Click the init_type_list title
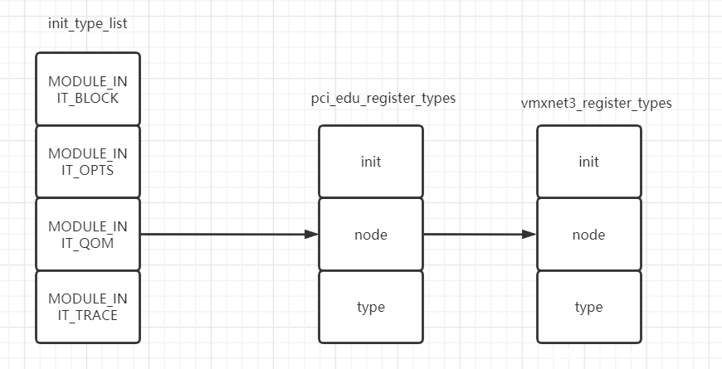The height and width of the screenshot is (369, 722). [x=87, y=23]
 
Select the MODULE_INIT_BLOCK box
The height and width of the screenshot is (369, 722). [x=88, y=89]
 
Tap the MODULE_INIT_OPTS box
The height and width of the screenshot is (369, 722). [x=88, y=162]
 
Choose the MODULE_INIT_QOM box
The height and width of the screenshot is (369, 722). [x=88, y=234]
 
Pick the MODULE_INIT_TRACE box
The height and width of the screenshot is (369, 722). [x=88, y=307]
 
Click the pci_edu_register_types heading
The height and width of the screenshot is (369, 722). [x=383, y=99]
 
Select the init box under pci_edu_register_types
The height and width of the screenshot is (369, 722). [x=370, y=162]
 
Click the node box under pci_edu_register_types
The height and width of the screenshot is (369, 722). [x=370, y=235]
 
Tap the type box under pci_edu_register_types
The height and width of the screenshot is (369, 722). [x=370, y=307]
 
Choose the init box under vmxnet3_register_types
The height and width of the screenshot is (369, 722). [x=588, y=162]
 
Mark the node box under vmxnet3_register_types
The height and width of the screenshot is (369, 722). [x=588, y=235]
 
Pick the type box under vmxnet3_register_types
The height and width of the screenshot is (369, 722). [x=588, y=307]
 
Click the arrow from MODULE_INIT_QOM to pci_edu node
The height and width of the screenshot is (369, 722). [x=224, y=235]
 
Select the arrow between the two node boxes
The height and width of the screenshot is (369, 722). [x=477, y=235]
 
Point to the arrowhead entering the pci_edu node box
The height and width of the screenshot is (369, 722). [x=312, y=235]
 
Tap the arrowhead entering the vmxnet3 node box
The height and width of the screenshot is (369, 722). [x=530, y=235]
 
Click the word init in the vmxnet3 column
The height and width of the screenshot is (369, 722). [x=588, y=162]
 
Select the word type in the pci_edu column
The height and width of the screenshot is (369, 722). [x=370, y=307]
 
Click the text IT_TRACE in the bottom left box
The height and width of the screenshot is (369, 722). [x=88, y=315]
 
